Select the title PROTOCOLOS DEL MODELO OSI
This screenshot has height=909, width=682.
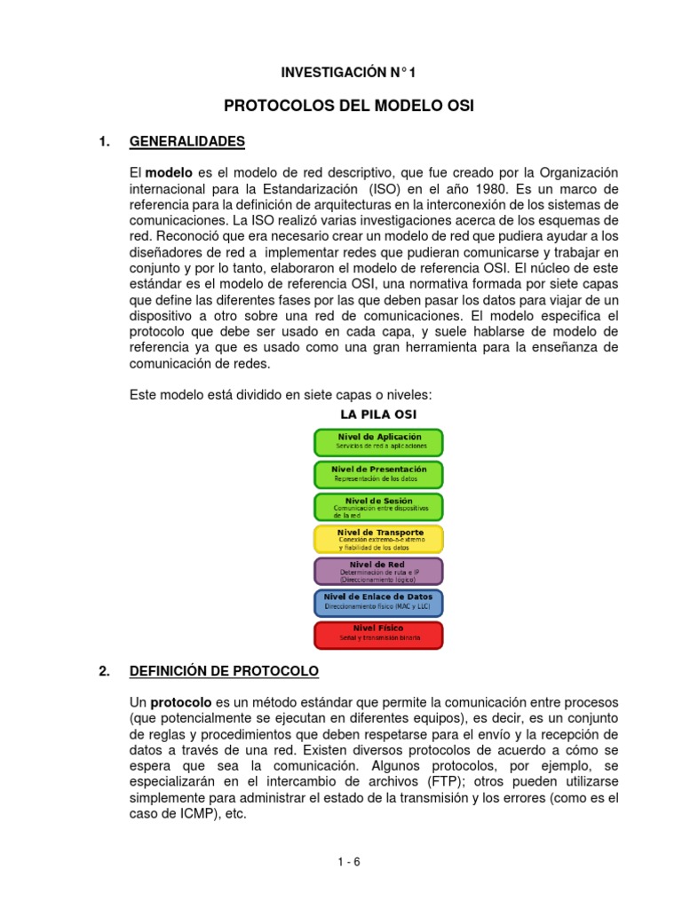pos(348,106)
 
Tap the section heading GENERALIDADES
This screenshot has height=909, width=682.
pos(187,141)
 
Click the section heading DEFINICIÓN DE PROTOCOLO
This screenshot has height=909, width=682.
pos(224,670)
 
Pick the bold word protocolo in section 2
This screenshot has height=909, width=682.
pos(180,702)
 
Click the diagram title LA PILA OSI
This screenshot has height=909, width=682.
pos(378,415)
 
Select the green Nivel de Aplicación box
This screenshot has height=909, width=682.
pos(378,442)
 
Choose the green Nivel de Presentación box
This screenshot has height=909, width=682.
pos(378,474)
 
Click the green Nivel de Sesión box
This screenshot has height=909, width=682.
pos(378,506)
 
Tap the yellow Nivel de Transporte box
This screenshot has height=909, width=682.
pos(378,539)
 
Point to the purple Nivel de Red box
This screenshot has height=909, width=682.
pos(378,571)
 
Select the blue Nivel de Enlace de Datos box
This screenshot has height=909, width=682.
pos(378,603)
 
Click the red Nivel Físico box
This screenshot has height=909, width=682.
pos(378,635)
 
